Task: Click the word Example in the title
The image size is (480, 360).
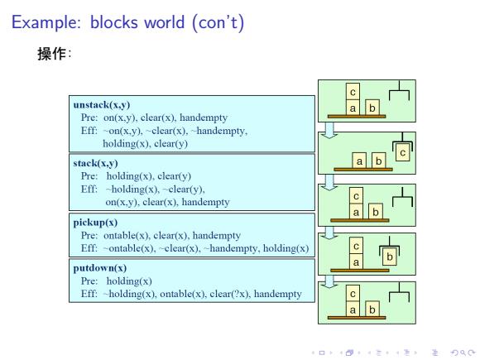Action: tap(46, 22)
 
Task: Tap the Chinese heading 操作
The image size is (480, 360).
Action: tap(51, 54)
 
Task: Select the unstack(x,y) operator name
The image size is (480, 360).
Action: tap(102, 105)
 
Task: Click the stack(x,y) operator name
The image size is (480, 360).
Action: tap(95, 163)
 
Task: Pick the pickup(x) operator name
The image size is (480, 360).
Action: tap(95, 223)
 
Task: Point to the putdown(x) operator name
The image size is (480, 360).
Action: tap(100, 268)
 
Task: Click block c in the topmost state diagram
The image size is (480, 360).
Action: tap(353, 92)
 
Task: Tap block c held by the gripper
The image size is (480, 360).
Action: tap(402, 153)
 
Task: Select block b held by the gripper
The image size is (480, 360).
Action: tap(390, 257)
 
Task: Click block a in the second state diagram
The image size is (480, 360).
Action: tap(359, 161)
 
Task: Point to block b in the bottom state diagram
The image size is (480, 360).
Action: tap(372, 310)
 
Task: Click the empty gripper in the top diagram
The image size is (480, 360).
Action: tap(399, 91)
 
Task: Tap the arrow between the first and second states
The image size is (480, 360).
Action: tap(329, 130)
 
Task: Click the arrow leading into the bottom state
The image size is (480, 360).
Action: tap(329, 281)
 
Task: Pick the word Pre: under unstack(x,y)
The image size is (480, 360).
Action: tap(89, 118)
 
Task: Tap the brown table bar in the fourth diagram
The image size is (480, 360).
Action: tap(360, 271)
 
